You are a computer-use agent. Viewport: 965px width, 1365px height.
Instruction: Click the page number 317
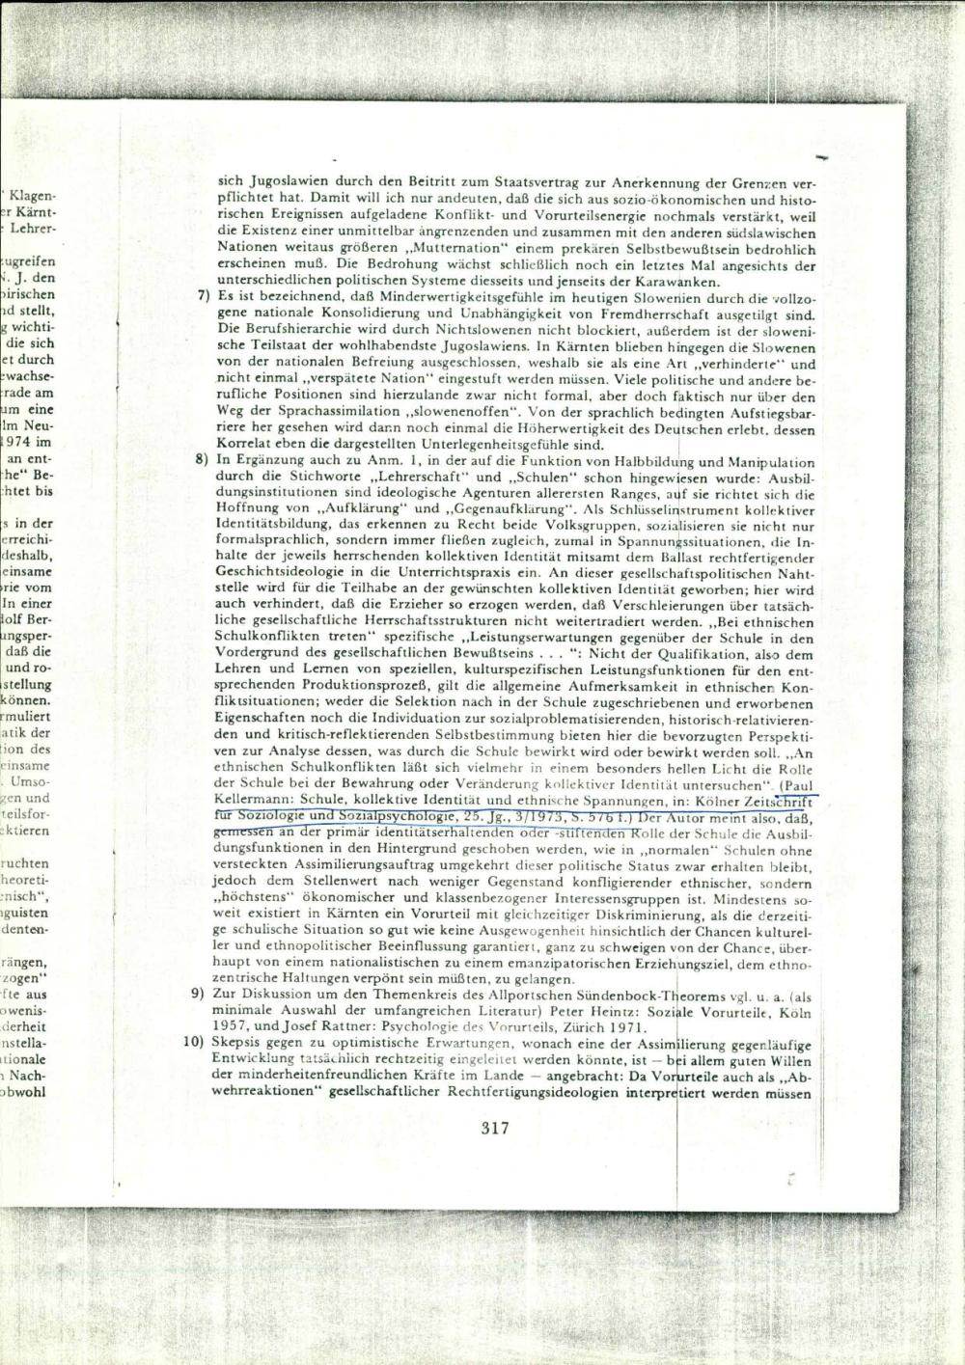tap(493, 1128)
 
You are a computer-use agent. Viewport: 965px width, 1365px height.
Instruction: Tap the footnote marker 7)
tap(202, 295)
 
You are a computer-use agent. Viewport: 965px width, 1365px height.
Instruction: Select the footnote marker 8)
tap(202, 460)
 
